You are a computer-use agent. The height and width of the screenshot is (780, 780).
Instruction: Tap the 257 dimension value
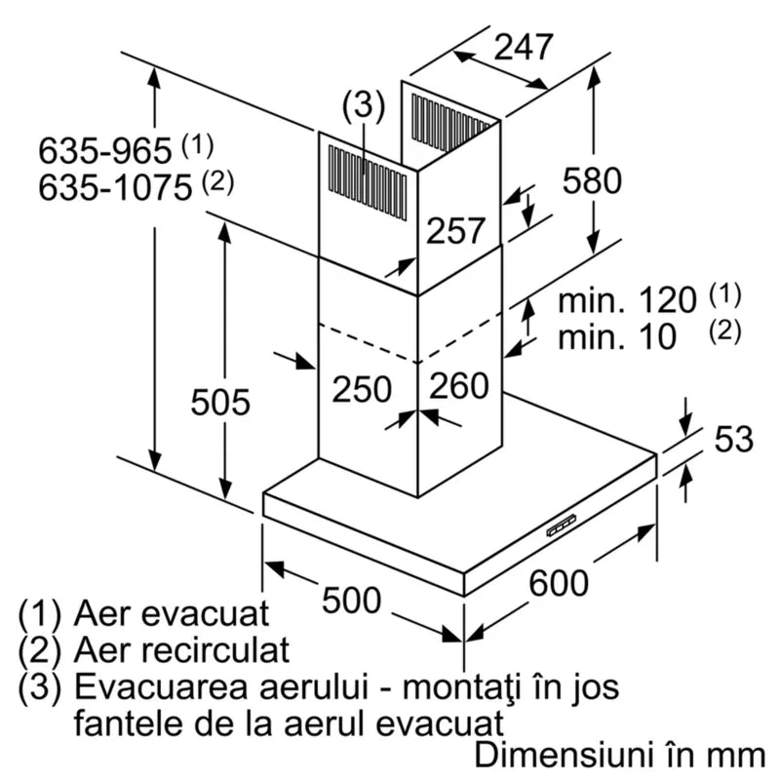[x=455, y=230]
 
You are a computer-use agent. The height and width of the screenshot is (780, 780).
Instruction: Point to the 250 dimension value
[x=362, y=388]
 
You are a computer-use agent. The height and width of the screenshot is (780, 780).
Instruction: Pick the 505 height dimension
[x=219, y=401]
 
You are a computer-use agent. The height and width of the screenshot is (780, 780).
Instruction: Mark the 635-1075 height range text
[x=115, y=186]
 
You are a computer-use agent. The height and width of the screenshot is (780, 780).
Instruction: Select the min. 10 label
[x=616, y=337]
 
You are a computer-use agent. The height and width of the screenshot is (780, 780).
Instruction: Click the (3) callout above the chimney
[x=363, y=104]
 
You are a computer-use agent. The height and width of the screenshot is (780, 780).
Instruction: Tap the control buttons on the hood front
[x=561, y=527]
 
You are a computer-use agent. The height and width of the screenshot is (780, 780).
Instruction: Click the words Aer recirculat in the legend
[x=180, y=649]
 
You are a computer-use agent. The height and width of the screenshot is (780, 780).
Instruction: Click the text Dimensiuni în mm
[x=619, y=755]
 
